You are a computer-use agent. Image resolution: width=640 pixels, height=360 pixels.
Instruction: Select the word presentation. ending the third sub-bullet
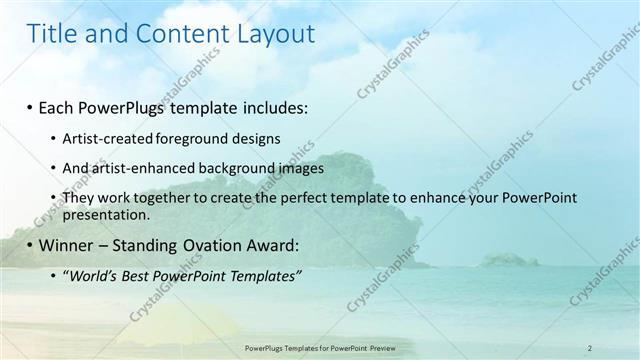pos(107,214)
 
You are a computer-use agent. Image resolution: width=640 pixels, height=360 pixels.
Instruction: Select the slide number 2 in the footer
pos(590,348)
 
